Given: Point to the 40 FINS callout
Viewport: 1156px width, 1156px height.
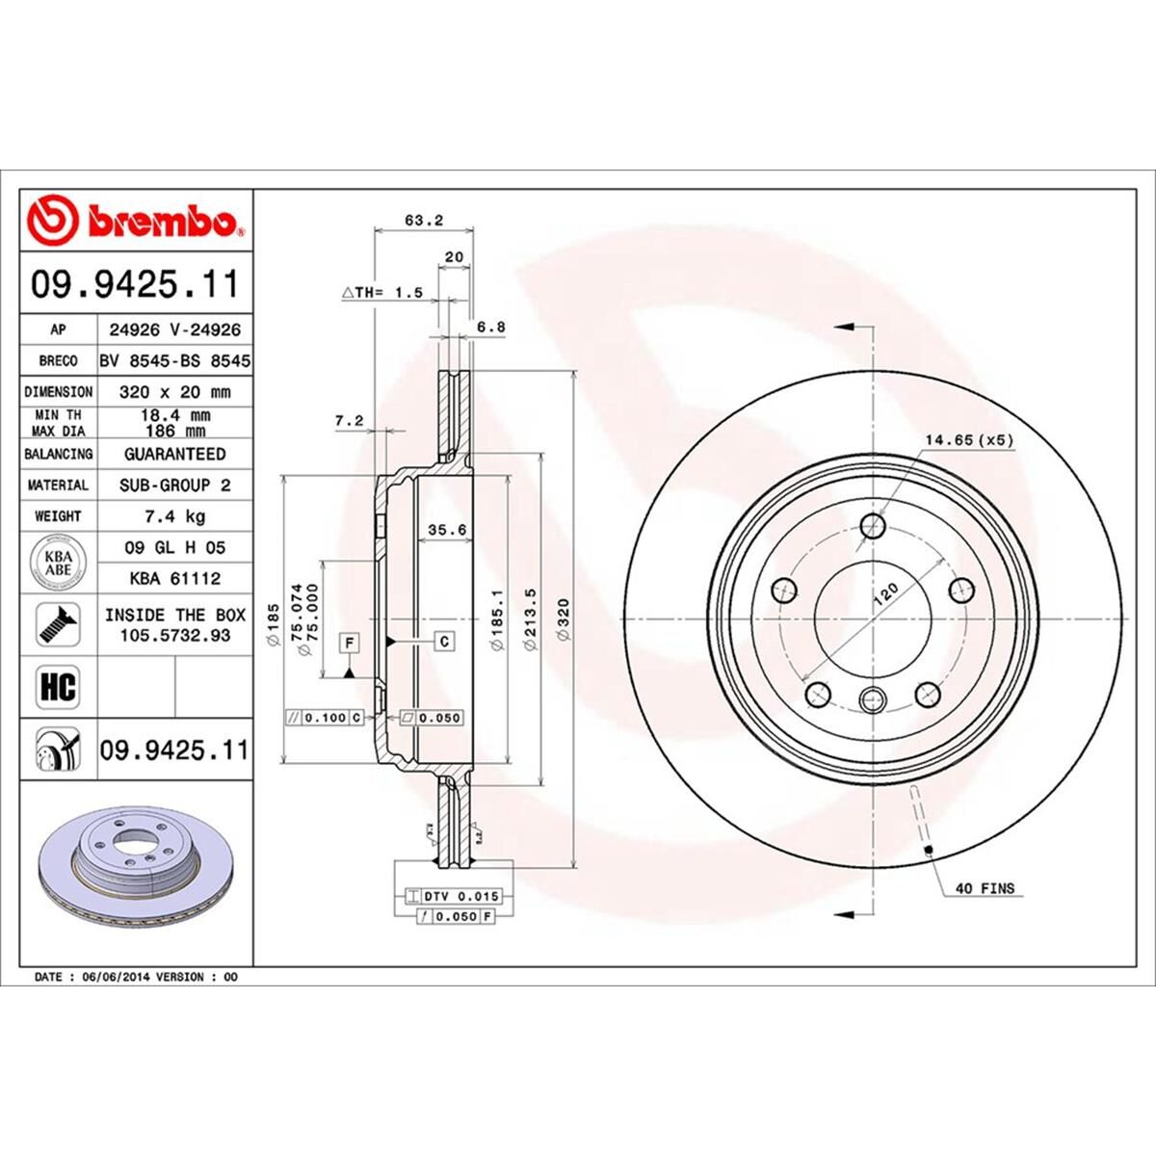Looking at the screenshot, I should pyautogui.click(x=985, y=888).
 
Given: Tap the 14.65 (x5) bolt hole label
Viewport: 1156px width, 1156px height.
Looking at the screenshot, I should pyautogui.click(x=969, y=440).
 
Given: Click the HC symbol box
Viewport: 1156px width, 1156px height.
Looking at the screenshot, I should pyautogui.click(x=58, y=687).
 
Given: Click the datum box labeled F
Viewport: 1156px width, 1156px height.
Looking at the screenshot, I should pyautogui.click(x=348, y=641).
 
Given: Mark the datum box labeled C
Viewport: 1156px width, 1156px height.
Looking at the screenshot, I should pyautogui.click(x=444, y=641).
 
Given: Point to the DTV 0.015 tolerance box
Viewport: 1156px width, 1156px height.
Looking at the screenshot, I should pyautogui.click(x=454, y=897).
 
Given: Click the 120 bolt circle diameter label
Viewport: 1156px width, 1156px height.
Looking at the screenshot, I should pyautogui.click(x=884, y=592).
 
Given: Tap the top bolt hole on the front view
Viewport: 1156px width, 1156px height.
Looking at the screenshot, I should pyautogui.click(x=874, y=526).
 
